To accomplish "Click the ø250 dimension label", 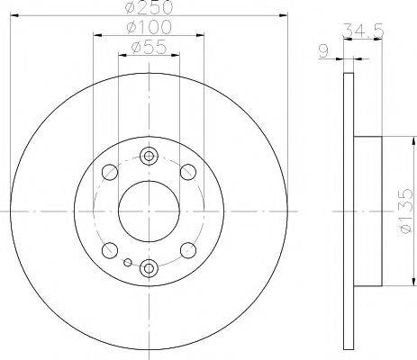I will [x=149, y=7].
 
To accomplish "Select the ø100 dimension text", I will [x=149, y=28].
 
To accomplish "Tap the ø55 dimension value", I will [x=149, y=47].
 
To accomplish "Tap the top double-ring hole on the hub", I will [x=149, y=157].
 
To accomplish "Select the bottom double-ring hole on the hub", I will [x=149, y=265].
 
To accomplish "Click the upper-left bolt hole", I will [x=109, y=171].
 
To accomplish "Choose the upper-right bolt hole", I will [x=188, y=171].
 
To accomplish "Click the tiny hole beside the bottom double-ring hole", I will [x=130, y=263].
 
